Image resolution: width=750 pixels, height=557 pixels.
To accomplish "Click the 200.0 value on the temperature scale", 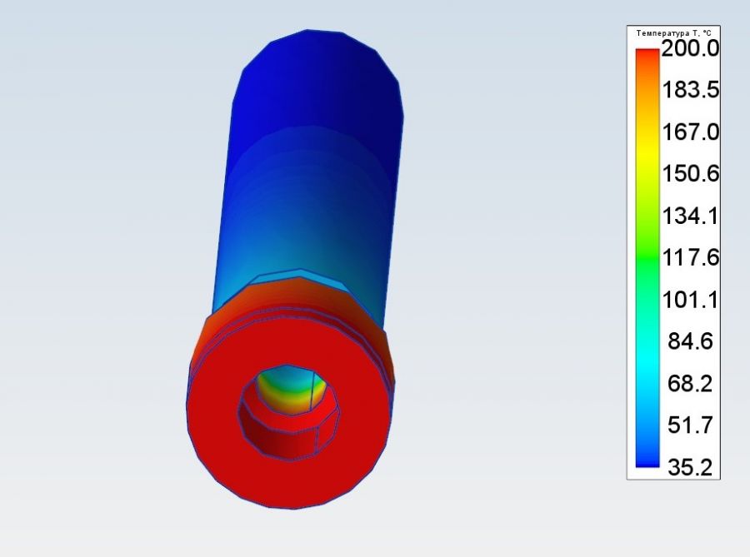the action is coord(690,48).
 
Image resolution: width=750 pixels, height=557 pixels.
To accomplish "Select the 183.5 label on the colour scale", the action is coord(690,89).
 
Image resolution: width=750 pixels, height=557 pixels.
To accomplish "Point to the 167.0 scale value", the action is coord(690,132).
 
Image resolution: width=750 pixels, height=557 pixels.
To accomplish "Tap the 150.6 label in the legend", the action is coord(690,173).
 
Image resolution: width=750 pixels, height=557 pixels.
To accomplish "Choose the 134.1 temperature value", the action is coord(690,216).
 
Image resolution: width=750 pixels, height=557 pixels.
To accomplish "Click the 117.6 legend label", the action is coord(690,257).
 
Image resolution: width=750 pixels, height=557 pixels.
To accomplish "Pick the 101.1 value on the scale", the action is coord(690,300).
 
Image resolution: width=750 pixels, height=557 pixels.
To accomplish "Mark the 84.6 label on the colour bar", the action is coord(690,341).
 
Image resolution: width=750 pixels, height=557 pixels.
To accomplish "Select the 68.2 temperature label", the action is coord(690,383).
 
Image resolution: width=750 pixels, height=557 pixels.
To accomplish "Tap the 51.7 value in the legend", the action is coord(690,425).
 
